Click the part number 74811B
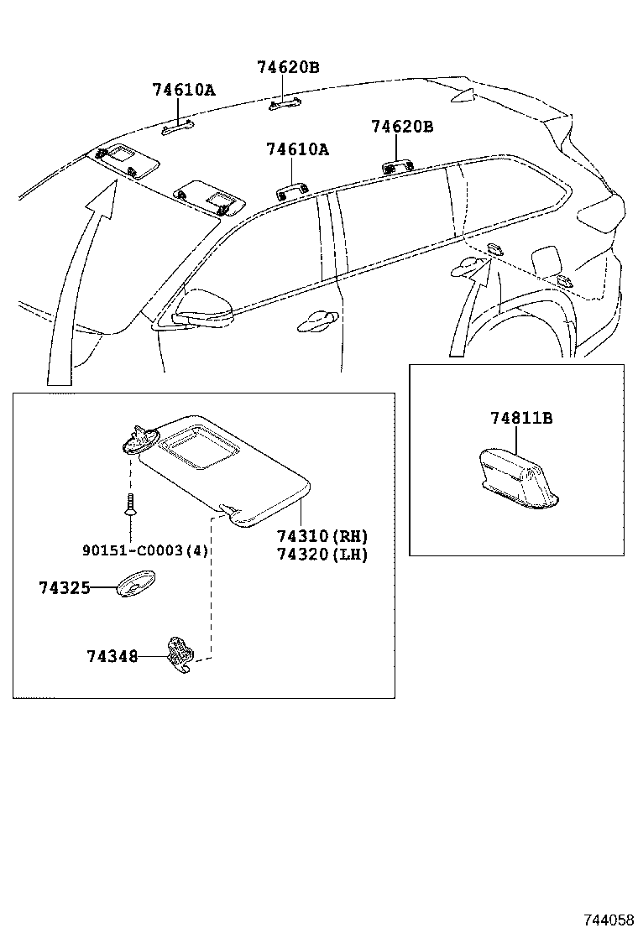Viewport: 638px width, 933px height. point(521,418)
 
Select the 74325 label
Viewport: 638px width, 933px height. point(64,588)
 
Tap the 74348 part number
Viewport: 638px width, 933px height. point(112,657)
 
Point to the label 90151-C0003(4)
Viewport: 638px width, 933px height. point(145,550)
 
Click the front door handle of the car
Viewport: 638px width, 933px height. point(318,317)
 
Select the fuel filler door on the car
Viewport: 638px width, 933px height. point(551,255)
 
